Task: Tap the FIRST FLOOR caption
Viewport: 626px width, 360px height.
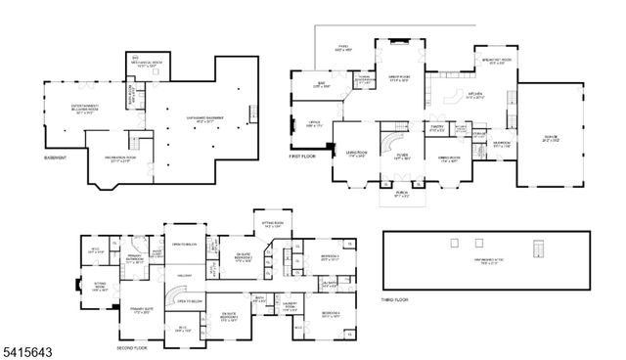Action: coord(303,157)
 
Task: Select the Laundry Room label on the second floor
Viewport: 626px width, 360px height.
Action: coord(291,304)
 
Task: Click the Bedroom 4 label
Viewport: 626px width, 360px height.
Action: coord(330,314)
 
